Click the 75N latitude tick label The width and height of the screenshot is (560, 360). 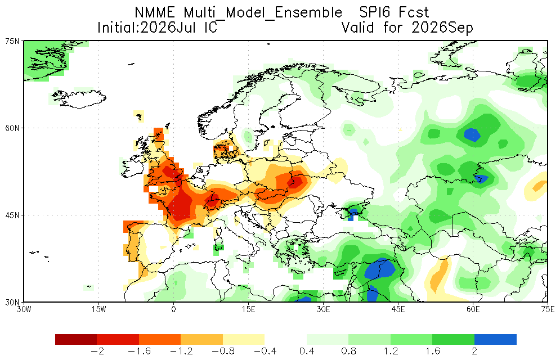[12, 41]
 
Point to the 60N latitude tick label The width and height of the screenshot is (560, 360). [12, 128]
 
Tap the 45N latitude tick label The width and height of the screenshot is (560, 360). [12, 215]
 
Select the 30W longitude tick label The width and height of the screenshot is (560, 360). [24, 309]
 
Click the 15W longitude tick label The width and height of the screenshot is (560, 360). [99, 309]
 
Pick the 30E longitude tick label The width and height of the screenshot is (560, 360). [323, 309]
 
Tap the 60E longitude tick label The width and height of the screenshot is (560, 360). [473, 309]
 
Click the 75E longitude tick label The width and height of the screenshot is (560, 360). [548, 309]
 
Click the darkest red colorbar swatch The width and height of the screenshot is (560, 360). [76, 339]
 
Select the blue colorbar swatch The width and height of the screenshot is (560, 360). [495, 339]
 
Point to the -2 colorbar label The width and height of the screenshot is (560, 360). [97, 352]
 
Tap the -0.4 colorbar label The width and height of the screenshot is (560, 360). [265, 352]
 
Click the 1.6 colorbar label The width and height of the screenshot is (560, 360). [433, 352]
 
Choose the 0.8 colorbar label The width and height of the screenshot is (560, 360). [349, 352]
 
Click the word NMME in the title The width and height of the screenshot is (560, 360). [155, 13]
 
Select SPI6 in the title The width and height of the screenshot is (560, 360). [374, 13]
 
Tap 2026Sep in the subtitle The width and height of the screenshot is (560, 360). [442, 28]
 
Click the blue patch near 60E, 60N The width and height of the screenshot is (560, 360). [472, 134]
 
